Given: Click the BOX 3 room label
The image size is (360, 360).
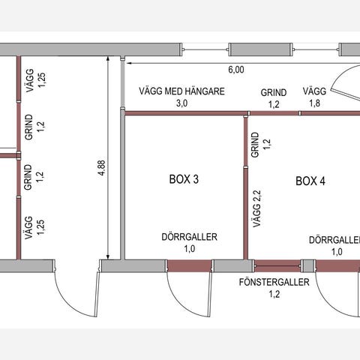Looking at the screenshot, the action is tap(184, 179).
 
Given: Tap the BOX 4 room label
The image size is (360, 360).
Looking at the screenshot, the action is tap(310, 181).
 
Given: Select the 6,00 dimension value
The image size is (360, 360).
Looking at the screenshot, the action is tap(236, 70).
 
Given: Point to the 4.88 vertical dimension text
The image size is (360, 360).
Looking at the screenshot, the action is tap(102, 168).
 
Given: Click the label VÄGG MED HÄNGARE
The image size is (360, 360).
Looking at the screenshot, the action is tap(181, 91).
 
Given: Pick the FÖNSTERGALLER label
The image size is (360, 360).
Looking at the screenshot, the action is tap(274, 282).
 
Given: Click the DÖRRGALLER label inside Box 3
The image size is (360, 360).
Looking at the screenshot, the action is tap(190, 237).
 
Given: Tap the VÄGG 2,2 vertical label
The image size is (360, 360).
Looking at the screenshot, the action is tap(256, 208).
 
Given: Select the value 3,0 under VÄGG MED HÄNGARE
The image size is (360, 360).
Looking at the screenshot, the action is tap(182, 103).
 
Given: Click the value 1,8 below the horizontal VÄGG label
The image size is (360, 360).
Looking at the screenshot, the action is tap(314, 103).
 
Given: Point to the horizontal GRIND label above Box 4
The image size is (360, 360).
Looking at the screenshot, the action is tap(274, 92).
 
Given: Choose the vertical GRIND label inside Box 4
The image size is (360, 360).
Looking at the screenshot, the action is tap(255, 145).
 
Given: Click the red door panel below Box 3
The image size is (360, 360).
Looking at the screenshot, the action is tap(189, 265).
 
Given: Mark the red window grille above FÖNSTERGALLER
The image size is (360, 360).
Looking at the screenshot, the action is tap(277, 265).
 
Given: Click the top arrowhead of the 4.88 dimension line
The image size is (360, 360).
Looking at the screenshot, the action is tap(108, 58).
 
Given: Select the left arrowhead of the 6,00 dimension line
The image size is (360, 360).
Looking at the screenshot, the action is tap(129, 63).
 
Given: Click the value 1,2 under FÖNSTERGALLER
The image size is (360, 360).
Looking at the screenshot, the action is tap(274, 294).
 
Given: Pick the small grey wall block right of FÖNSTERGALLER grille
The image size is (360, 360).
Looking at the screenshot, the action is tap(308, 265).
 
